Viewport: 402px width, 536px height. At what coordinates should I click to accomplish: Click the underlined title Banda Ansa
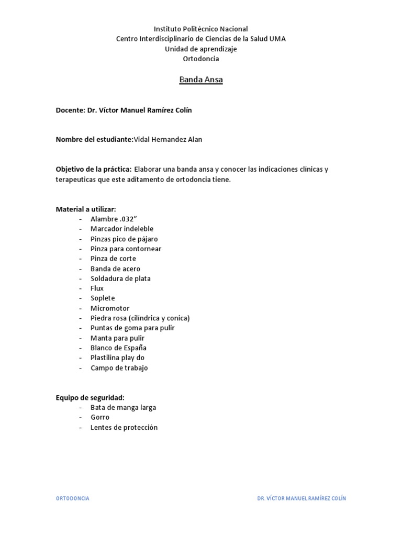coord(201,80)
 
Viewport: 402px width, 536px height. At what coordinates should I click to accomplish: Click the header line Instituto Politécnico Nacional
coord(201,29)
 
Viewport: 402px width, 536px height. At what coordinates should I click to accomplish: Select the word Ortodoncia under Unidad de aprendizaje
coord(201,59)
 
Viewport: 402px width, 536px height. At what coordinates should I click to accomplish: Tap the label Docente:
coord(70,110)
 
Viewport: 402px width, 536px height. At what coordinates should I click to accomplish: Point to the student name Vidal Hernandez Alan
coord(168,139)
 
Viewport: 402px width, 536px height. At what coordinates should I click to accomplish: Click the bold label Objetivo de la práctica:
coord(94,169)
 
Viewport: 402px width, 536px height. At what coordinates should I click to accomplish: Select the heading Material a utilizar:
coord(86,209)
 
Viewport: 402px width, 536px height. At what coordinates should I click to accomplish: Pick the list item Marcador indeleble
coord(122,229)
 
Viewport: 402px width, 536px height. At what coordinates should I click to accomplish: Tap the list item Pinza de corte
coord(113,259)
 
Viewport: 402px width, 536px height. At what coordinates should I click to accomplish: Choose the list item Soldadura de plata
coord(120,278)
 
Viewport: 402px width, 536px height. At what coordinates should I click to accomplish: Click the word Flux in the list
coord(97,288)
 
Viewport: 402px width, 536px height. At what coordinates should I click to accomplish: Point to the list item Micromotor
coord(110,308)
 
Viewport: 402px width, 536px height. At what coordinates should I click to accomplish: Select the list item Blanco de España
coord(118,348)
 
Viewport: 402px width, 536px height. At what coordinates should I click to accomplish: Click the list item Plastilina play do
coord(117,358)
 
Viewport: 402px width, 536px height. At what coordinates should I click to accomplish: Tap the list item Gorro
coord(100,418)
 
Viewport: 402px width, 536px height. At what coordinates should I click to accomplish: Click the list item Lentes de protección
coord(124,428)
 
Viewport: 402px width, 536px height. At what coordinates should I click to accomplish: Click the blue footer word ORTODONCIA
coord(73,498)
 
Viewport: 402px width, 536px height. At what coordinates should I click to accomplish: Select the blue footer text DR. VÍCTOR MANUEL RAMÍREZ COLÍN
coord(301,498)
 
